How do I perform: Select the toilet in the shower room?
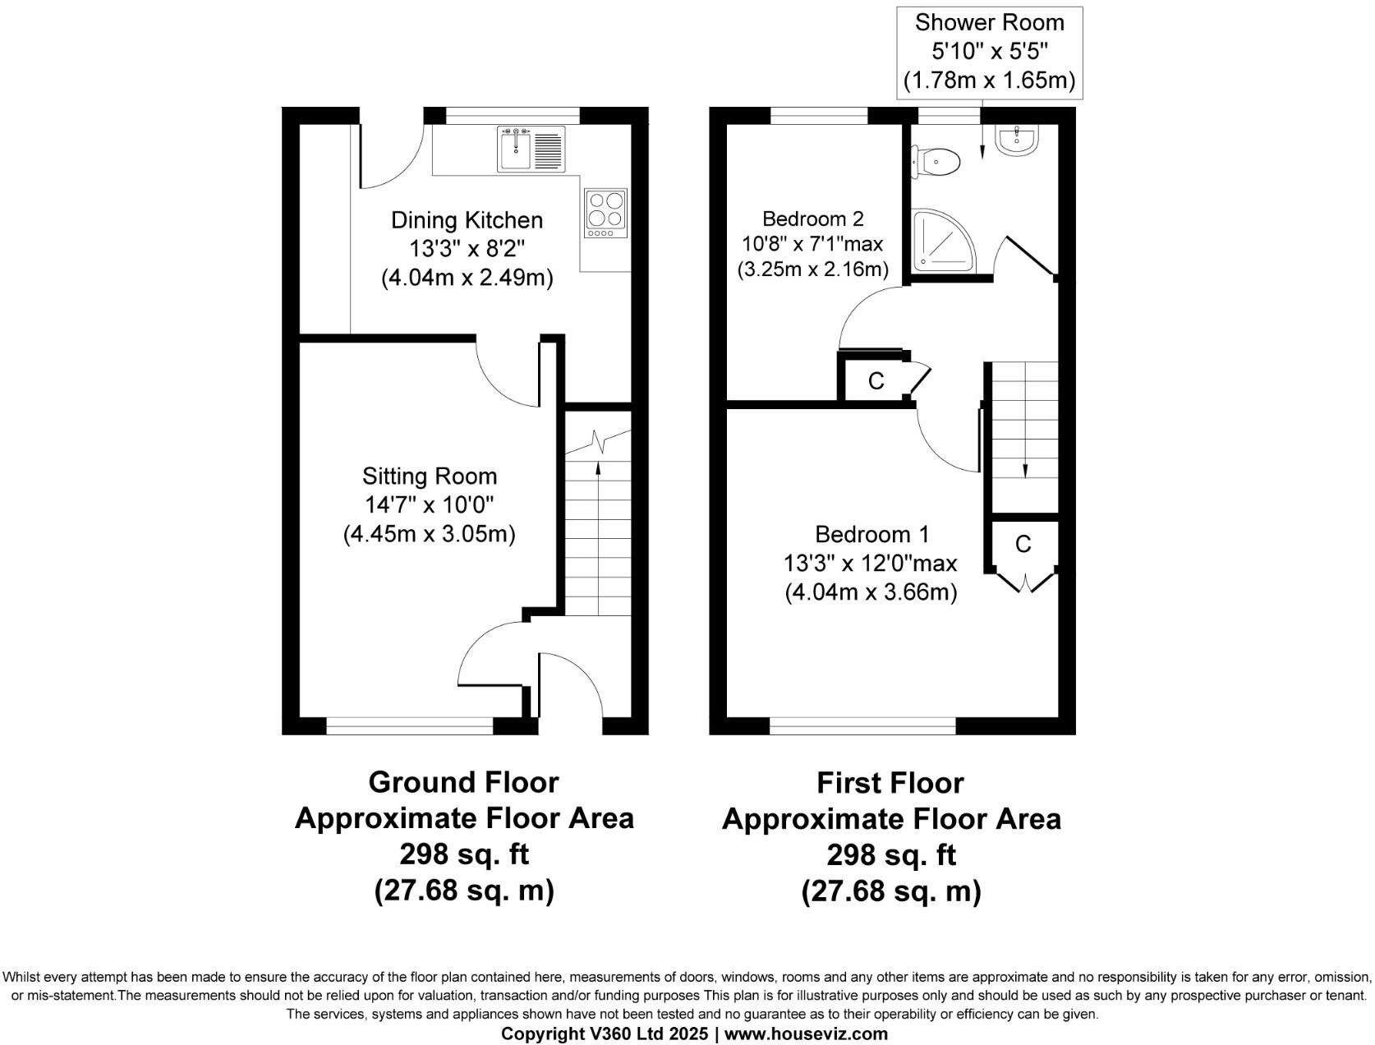click(x=937, y=161)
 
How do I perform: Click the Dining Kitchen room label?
click(x=467, y=220)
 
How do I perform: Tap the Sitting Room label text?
click(x=430, y=476)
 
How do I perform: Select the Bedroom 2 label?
click(x=812, y=219)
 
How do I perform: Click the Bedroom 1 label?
click(x=871, y=535)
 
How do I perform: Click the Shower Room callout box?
click(x=989, y=52)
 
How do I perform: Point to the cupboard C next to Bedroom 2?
click(x=876, y=381)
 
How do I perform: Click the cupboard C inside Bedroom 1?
click(x=1023, y=544)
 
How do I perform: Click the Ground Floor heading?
click(x=463, y=782)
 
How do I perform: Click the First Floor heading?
click(x=890, y=782)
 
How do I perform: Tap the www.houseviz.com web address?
click(x=806, y=1033)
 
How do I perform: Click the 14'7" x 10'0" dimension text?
click(x=430, y=505)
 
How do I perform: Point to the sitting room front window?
click(x=409, y=725)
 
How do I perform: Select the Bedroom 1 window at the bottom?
click(x=862, y=725)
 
